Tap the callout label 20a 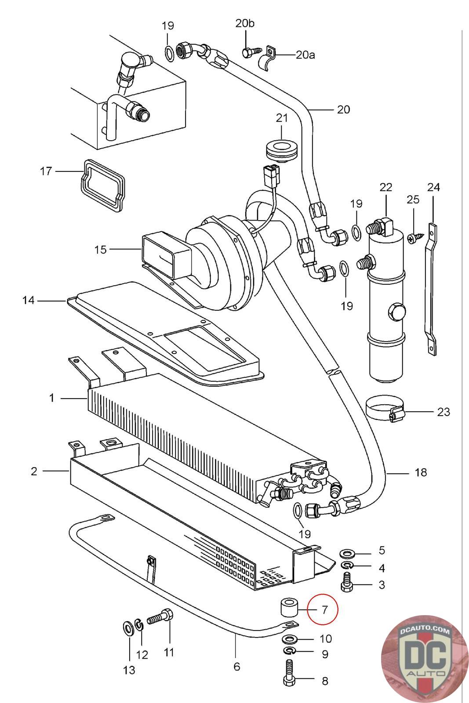tap(305, 55)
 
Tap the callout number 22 tap(385, 187)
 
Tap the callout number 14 tap(28, 300)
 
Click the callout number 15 tap(101, 250)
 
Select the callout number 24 tap(433, 187)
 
